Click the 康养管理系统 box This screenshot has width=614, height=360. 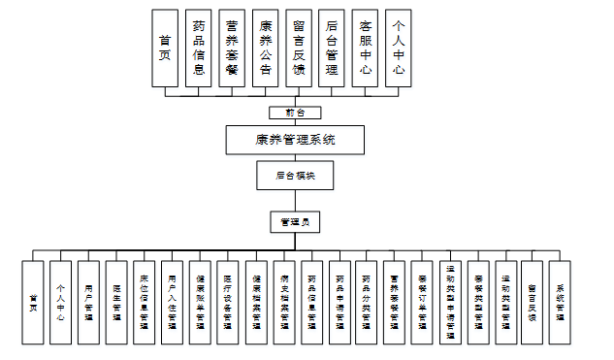pyautogui.click(x=296, y=139)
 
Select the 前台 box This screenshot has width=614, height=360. pyautogui.click(x=296, y=113)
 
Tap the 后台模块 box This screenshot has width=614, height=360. pyautogui.click(x=296, y=176)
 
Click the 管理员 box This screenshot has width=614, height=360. pyautogui.click(x=296, y=222)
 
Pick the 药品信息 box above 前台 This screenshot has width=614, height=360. pyautogui.click(x=198, y=50)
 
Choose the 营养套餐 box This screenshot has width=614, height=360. pyautogui.click(x=232, y=50)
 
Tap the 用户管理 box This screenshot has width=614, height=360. pyautogui.click(x=88, y=302)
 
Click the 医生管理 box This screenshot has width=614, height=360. pyautogui.click(x=116, y=302)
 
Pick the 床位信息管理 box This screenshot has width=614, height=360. pyautogui.click(x=144, y=302)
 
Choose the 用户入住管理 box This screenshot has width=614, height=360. pyautogui.click(x=172, y=302)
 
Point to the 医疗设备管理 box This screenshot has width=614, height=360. pyautogui.click(x=227, y=302)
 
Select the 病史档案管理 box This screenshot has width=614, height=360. pyautogui.click(x=283, y=302)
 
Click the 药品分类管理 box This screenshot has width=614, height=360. pyautogui.click(x=366, y=302)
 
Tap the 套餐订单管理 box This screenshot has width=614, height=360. pyautogui.click(x=422, y=302)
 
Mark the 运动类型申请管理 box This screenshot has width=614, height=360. pyautogui.click(x=450, y=302)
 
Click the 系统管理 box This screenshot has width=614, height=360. pyautogui.click(x=561, y=302)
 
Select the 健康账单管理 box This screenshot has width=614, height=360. pyautogui.click(x=199, y=302)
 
